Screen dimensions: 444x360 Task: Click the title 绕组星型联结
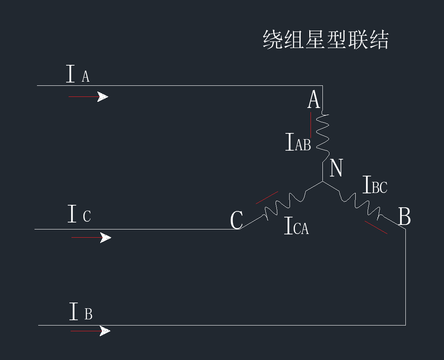(325, 40)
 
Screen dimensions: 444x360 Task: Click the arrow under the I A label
(88, 97)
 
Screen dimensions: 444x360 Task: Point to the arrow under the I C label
(91, 238)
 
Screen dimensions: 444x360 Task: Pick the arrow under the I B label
(90, 331)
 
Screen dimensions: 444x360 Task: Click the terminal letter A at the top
(314, 100)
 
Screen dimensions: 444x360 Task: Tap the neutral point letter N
(336, 168)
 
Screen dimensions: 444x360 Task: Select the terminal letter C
(237, 220)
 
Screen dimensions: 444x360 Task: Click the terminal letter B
(405, 217)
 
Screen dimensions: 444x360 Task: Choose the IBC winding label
(375, 185)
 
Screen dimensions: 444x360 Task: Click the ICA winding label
(296, 227)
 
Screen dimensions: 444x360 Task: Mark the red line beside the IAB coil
(311, 125)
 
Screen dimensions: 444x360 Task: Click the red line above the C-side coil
(267, 197)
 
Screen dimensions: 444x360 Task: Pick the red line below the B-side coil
(376, 227)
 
